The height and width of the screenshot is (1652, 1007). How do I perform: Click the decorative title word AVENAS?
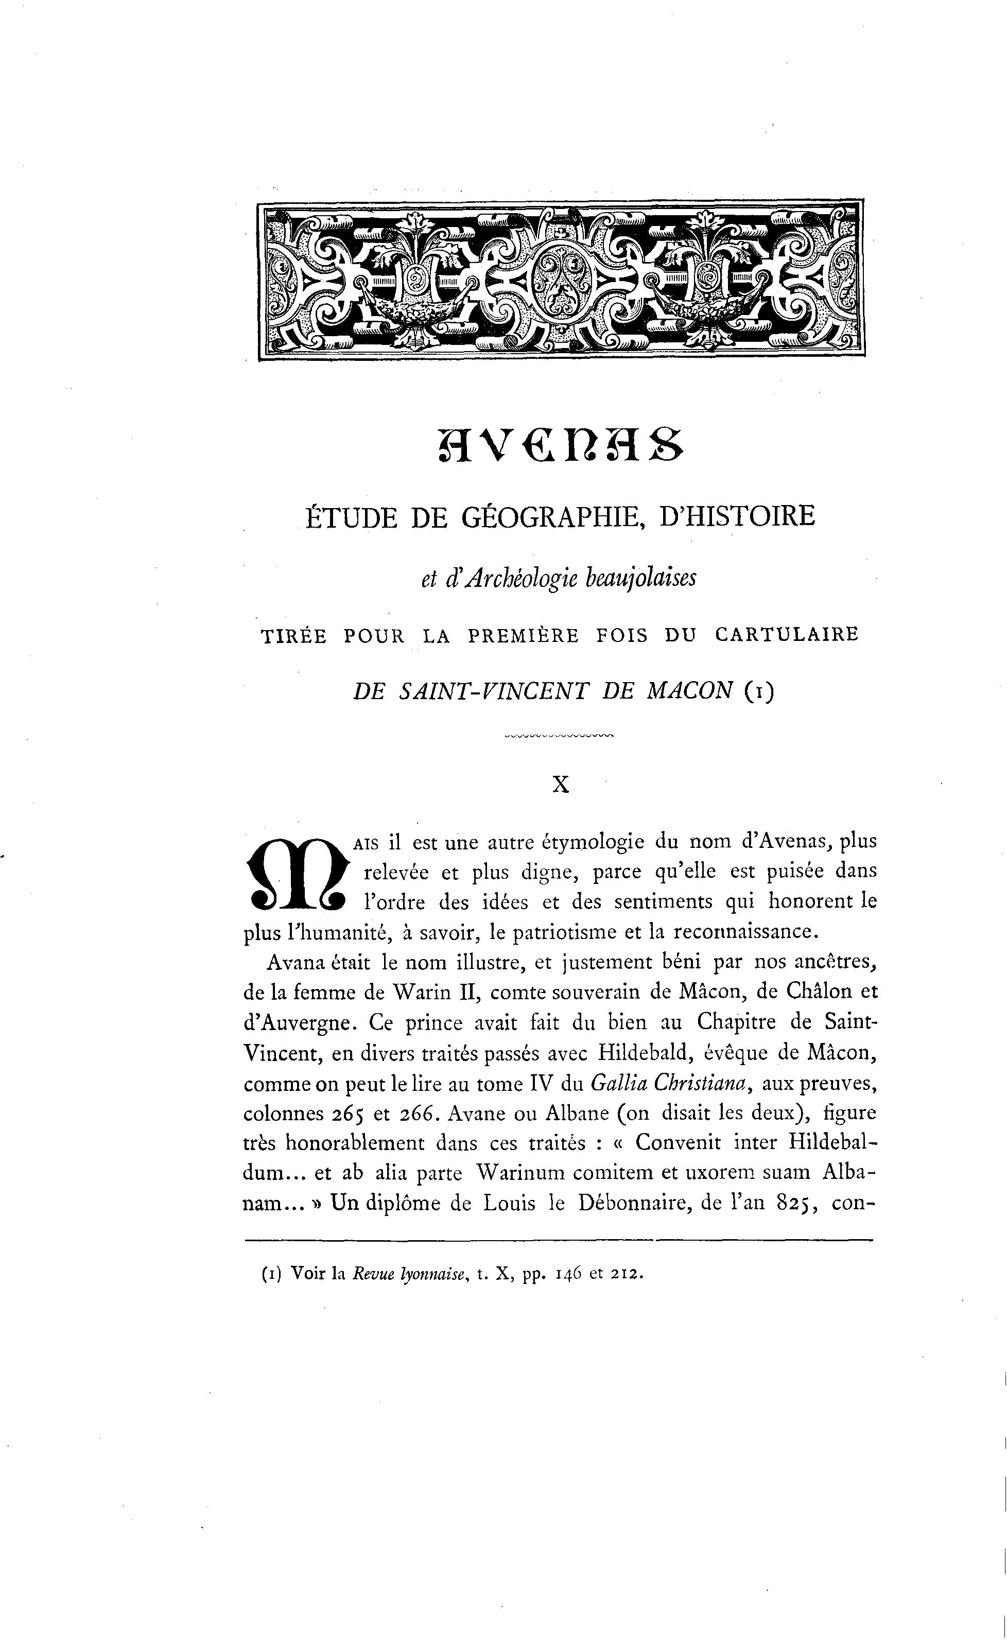click(561, 444)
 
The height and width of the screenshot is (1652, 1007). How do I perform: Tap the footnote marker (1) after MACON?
click(758, 691)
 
